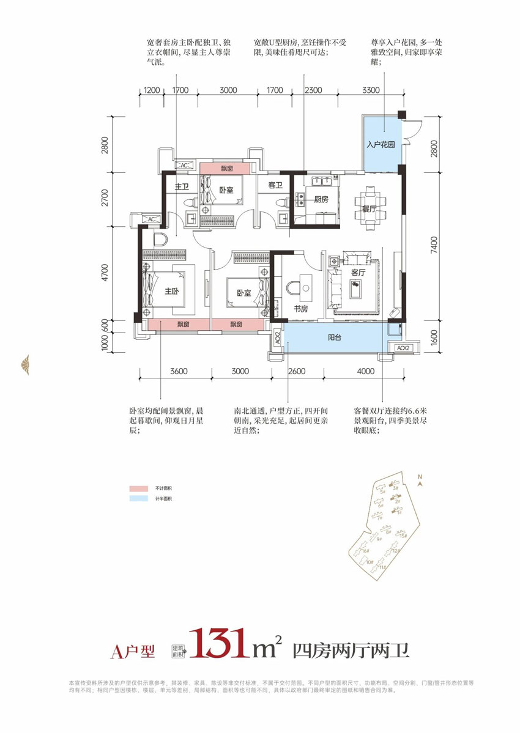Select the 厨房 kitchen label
(x=322, y=199)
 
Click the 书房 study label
(x=300, y=310)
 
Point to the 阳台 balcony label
(x=335, y=336)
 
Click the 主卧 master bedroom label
(x=171, y=292)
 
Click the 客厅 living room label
(x=358, y=273)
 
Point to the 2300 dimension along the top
(x=313, y=90)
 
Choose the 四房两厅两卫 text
(x=351, y=649)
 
